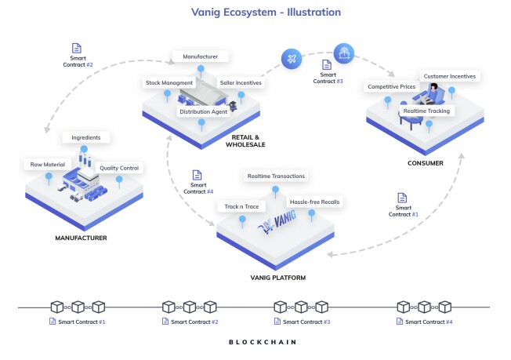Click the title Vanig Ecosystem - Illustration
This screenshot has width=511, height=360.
coord(255,12)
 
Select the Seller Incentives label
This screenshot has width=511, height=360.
coord(241,82)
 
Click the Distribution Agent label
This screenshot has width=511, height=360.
coord(203,111)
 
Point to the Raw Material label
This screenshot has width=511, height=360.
coord(47,165)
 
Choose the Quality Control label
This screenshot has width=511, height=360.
coord(119,167)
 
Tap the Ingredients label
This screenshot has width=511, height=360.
coord(86,137)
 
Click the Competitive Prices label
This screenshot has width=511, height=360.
coord(393,85)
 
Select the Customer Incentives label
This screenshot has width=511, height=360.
coord(450,76)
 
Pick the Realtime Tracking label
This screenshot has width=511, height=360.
coord(426,111)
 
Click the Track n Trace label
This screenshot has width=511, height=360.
coord(241,205)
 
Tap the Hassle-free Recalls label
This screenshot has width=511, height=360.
coord(314,202)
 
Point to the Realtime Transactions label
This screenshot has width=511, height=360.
coord(275,176)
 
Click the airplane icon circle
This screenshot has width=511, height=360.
coord(292,59)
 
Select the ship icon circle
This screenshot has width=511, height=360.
coord(345,53)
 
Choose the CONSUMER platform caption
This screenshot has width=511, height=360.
coord(426,163)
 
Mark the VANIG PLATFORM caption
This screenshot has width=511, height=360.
coord(275,278)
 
